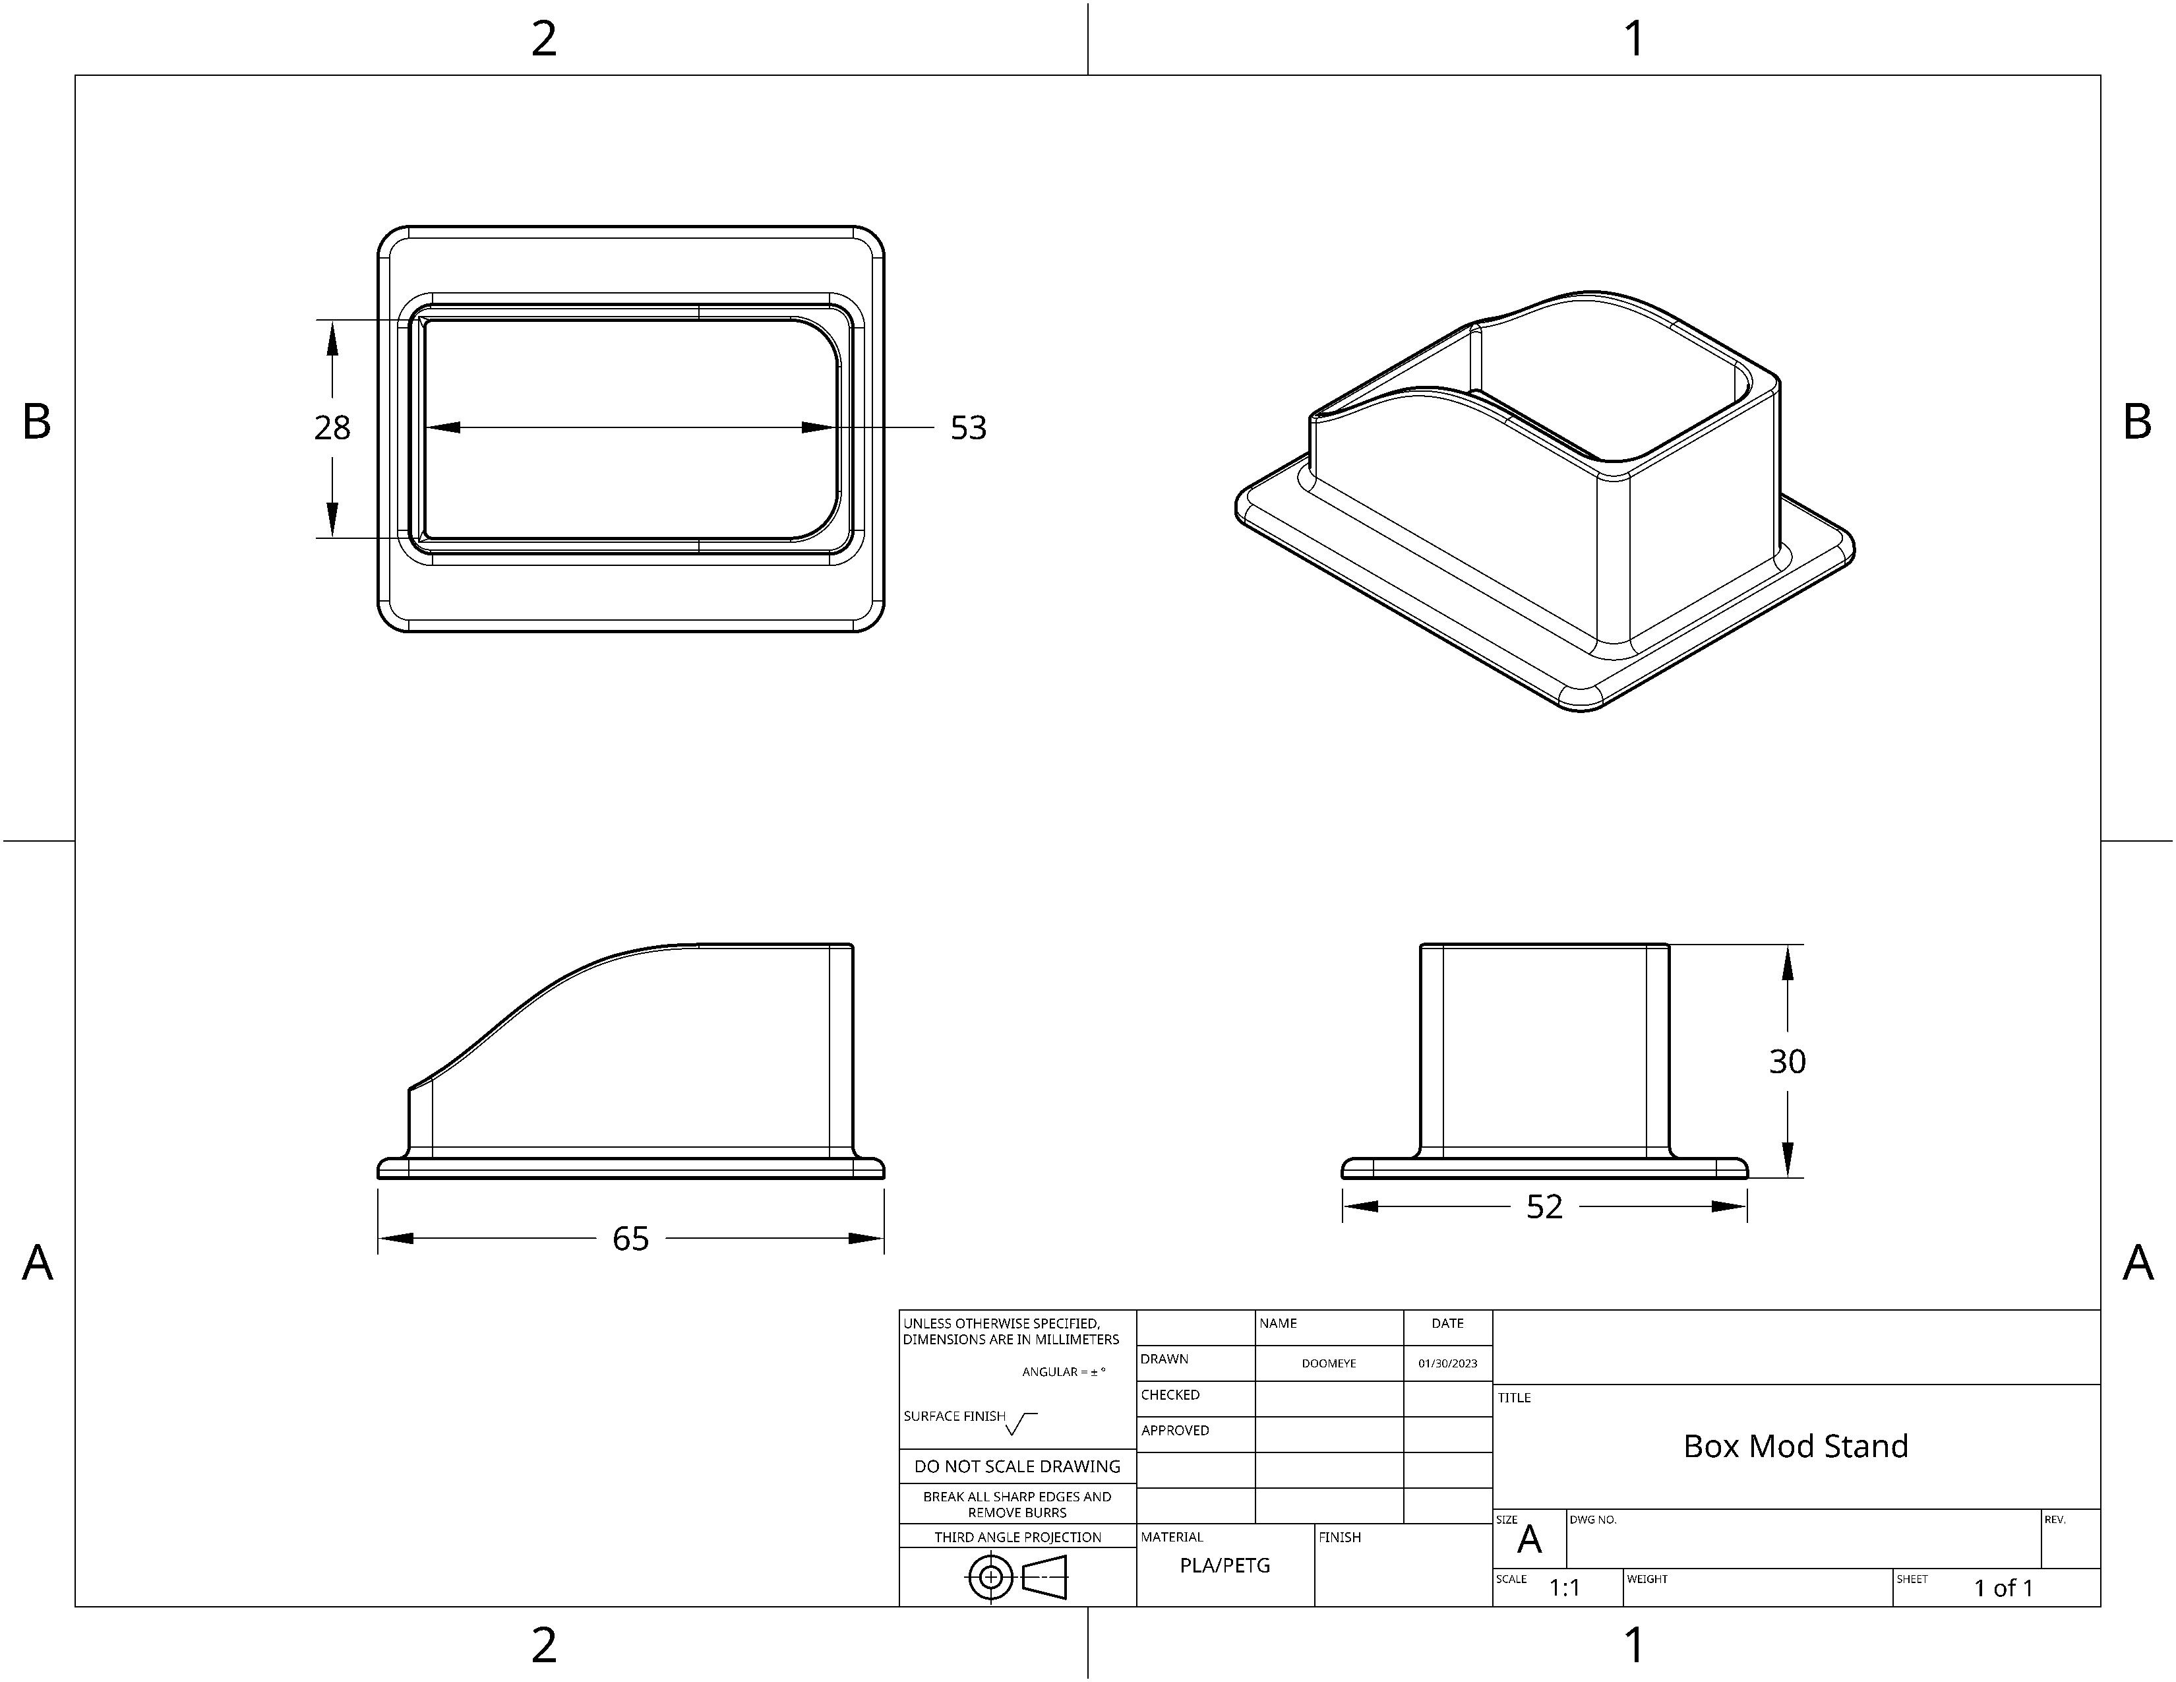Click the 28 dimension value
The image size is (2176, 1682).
[x=332, y=427]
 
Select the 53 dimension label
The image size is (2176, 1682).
[x=967, y=427]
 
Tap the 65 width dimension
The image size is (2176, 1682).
[x=630, y=1239]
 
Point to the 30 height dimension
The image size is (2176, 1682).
[x=1786, y=1061]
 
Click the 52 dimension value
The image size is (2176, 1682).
[x=1544, y=1206]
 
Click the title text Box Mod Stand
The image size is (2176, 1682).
[x=1796, y=1446]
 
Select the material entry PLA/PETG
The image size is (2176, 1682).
[x=1224, y=1565]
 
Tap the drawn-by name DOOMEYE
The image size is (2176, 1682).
[x=1328, y=1363]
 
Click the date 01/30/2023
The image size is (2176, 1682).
[x=1447, y=1363]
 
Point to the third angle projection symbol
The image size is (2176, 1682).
[x=1016, y=1577]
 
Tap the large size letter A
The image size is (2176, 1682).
[x=1529, y=1540]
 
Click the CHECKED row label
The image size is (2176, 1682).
[x=1170, y=1395]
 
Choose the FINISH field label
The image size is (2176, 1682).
[x=1339, y=1538]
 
